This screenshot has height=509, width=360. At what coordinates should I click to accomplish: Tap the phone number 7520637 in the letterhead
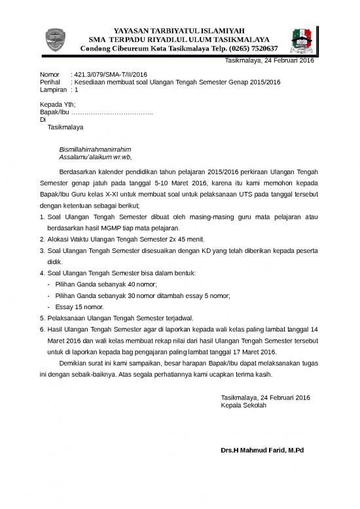coord(261,48)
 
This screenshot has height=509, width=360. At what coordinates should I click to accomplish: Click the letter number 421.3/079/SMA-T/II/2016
coord(109,75)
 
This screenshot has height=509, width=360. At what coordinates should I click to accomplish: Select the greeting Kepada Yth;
coord(58,105)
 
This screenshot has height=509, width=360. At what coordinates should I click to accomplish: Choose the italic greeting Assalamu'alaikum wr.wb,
coord(95,157)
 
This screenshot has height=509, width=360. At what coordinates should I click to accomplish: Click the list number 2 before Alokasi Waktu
coord(42,239)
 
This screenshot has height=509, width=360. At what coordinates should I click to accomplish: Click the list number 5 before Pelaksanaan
coord(42,318)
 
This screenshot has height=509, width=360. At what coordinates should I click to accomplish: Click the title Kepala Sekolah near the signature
coord(244,405)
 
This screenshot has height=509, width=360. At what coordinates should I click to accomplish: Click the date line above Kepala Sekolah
coord(266,398)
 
